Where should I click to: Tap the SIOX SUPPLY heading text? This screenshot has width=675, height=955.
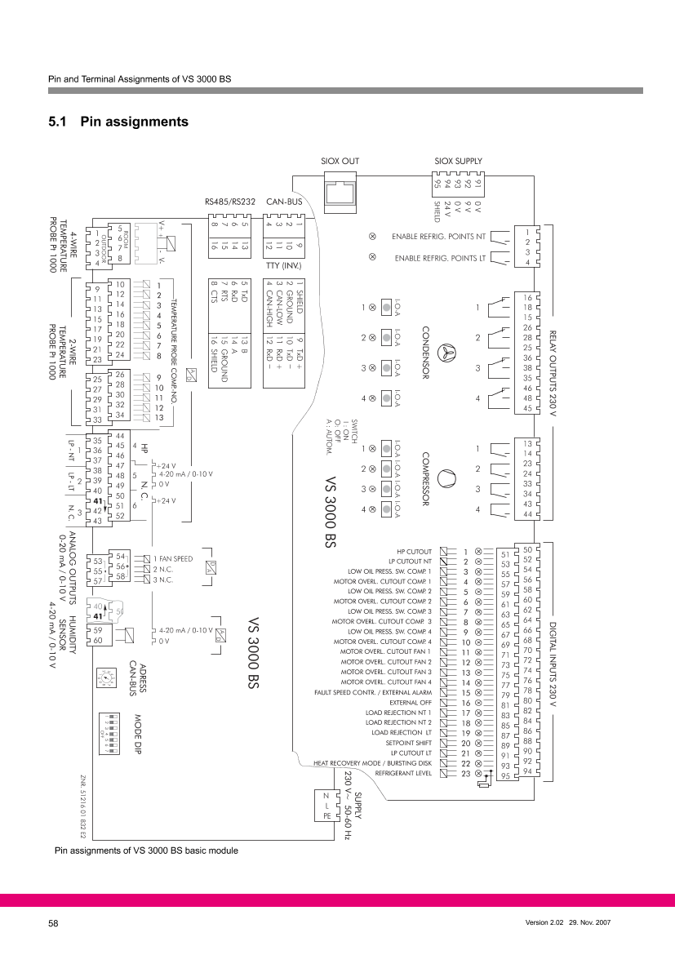(458, 162)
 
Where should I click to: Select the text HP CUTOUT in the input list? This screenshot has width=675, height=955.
(414, 552)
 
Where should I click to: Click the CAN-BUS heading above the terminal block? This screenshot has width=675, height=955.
(284, 199)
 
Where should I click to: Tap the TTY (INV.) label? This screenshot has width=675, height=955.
(284, 264)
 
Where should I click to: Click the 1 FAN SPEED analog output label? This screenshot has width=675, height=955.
(173, 558)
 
